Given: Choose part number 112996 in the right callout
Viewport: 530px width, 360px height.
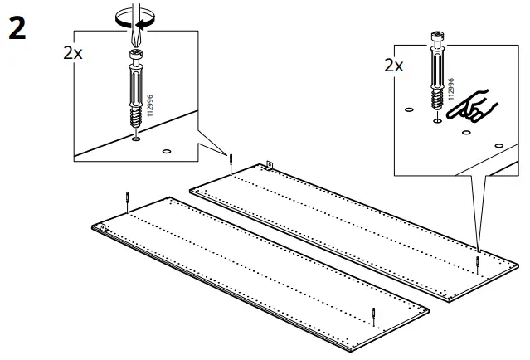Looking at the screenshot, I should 450,89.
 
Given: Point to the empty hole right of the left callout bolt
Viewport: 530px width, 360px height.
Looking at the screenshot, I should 166,151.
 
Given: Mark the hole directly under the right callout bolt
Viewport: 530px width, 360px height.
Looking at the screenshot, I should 437,121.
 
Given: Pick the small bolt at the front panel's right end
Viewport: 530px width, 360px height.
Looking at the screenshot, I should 374,317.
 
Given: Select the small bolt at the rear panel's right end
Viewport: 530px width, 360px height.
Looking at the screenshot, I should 478,263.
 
